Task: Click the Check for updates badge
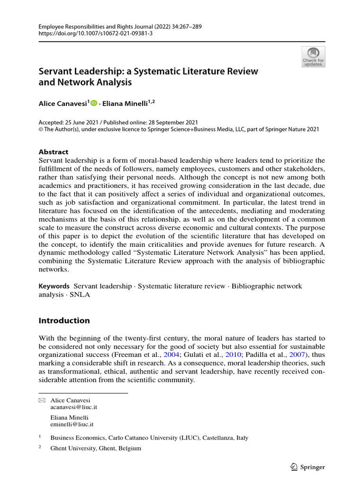point(313,56)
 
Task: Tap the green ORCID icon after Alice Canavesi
point(93,103)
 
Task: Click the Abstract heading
point(53,152)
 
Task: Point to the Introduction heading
point(64,320)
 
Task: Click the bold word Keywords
point(54,286)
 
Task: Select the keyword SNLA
point(81,294)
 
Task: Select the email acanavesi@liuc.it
point(73,407)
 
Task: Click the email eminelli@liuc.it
point(72,424)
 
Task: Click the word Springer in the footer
point(313,467)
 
